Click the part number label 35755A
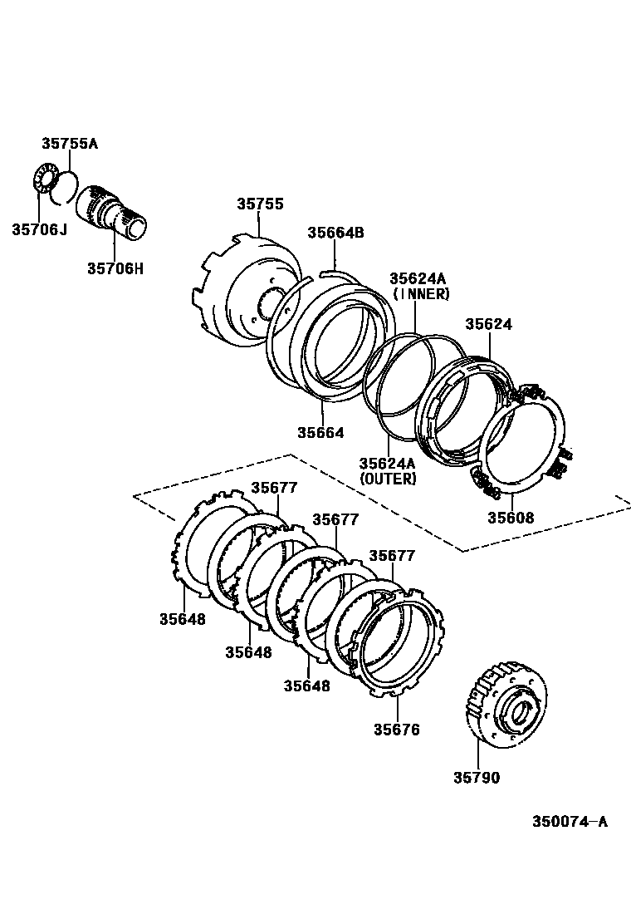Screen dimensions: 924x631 (x=70, y=144)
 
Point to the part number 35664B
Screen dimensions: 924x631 (x=335, y=233)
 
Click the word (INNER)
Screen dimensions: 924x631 (x=421, y=293)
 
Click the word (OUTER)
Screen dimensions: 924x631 (x=388, y=479)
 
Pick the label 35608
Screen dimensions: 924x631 (x=510, y=517)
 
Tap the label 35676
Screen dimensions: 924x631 (x=396, y=730)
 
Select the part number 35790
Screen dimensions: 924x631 (x=477, y=778)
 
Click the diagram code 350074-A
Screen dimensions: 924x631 (x=570, y=822)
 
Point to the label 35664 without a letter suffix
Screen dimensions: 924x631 (x=320, y=432)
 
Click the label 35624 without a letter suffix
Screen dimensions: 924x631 (x=488, y=324)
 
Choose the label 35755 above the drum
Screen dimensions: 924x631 (x=260, y=204)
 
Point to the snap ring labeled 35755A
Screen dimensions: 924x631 (x=66, y=187)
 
